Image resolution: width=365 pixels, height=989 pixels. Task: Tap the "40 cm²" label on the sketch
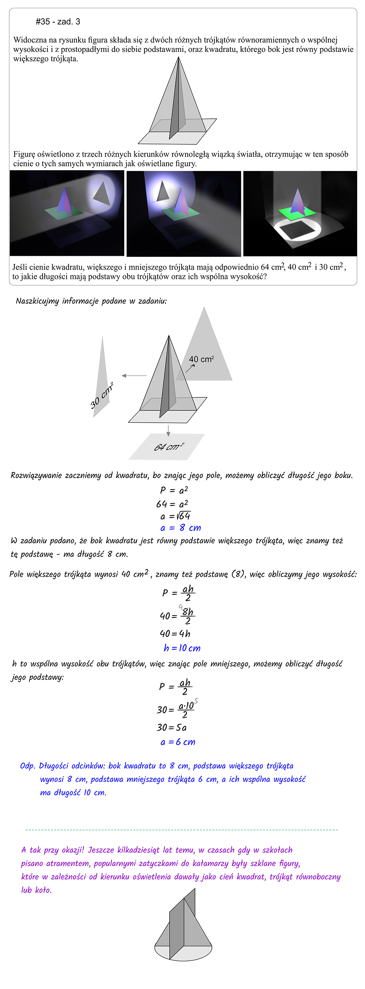pyautogui.click(x=201, y=359)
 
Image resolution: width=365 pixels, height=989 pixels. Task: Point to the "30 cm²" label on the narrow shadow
pyautogui.click(x=101, y=395)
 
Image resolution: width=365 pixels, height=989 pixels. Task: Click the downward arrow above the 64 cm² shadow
pyautogui.click(x=168, y=430)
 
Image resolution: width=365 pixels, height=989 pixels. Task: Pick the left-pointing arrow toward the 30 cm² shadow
pyautogui.click(x=134, y=376)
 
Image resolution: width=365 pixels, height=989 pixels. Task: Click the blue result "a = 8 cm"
pyautogui.click(x=180, y=528)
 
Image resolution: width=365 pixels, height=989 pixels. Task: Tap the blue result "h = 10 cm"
pyautogui.click(x=182, y=648)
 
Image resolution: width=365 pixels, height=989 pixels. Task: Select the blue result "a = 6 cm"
pyautogui.click(x=178, y=742)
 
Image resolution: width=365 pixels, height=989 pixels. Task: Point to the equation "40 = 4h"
pyautogui.click(x=175, y=633)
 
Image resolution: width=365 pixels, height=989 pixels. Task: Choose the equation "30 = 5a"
pyautogui.click(x=171, y=727)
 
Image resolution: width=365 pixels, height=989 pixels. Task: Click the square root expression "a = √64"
pyautogui.click(x=175, y=516)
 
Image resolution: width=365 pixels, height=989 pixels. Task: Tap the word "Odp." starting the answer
pyautogui.click(x=28, y=766)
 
